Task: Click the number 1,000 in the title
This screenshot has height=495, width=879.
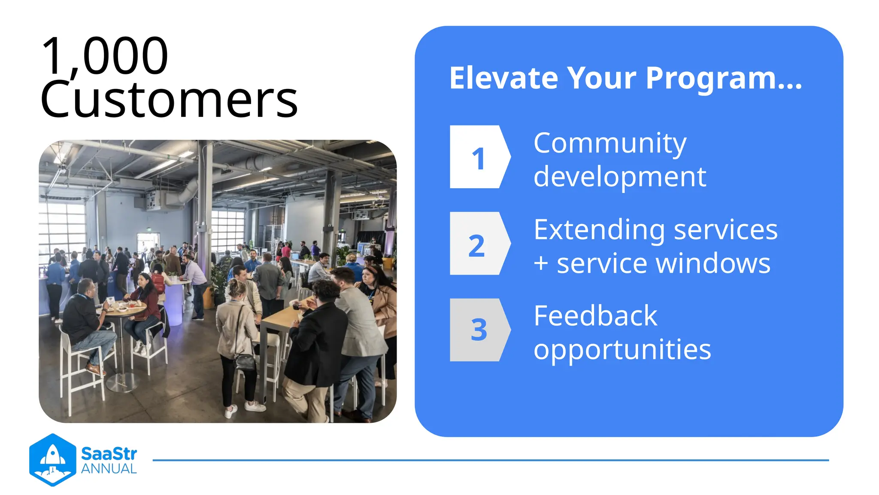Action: (x=105, y=56)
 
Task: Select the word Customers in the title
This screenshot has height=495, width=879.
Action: (x=169, y=100)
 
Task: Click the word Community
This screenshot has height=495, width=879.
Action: (x=609, y=144)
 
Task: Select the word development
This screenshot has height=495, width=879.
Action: (x=619, y=177)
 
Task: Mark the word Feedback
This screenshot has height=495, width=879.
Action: (x=595, y=316)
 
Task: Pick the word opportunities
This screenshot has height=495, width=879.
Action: (x=622, y=350)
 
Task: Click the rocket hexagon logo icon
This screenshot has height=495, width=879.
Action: (x=52, y=460)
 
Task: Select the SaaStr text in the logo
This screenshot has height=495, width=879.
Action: (x=109, y=454)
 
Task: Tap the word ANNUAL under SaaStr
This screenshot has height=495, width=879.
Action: (x=109, y=469)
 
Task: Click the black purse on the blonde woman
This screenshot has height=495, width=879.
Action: (x=245, y=361)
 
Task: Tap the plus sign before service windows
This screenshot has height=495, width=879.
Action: (x=541, y=263)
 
